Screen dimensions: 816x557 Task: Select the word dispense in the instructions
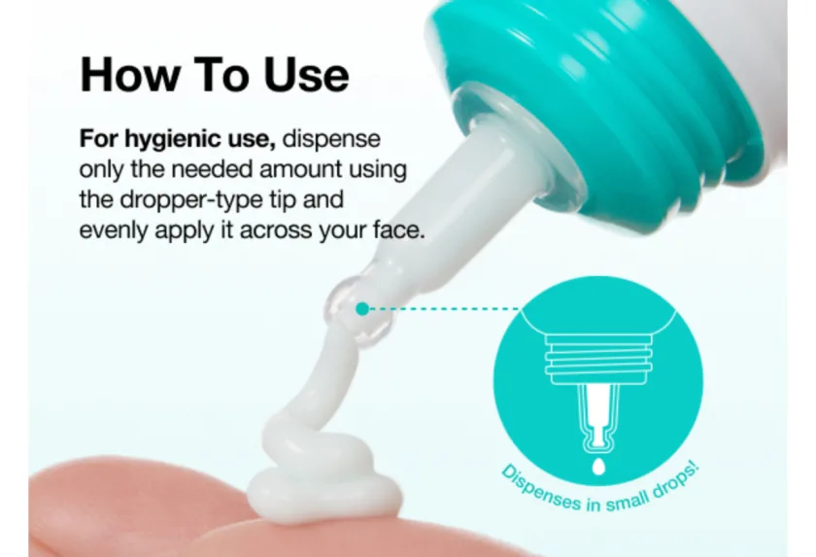(x=331, y=139)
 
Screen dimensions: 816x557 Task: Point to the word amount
(x=300, y=170)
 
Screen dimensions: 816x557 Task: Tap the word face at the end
(x=399, y=230)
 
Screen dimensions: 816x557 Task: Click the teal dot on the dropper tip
(x=362, y=309)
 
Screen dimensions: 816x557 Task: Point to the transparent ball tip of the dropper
(x=358, y=313)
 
